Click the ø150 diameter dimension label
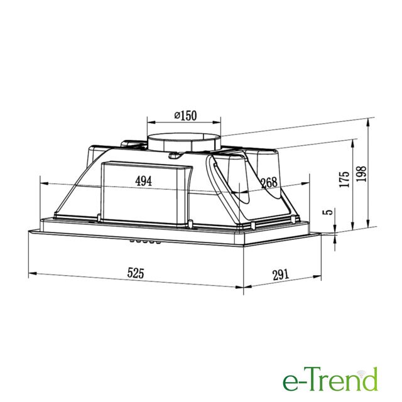coord(185,116)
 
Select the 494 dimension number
coord(144,181)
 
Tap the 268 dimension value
coord(269,183)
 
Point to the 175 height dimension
coord(344,179)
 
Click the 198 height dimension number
coord(361,174)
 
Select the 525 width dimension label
coord(136,273)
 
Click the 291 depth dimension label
coord(281,275)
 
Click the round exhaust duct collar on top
coord(184,143)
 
